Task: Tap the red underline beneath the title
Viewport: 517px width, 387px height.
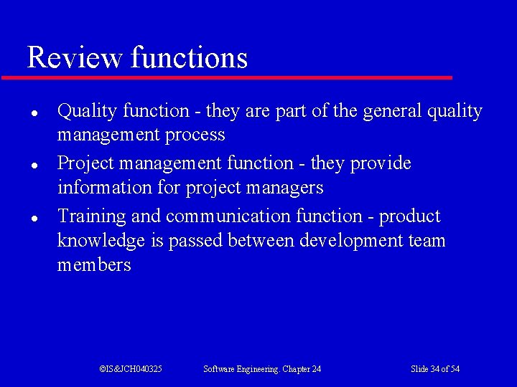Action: tap(227, 77)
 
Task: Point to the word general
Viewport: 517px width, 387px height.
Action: tap(393, 112)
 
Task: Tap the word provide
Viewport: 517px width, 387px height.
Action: tap(381, 164)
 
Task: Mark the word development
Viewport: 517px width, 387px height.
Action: tap(349, 242)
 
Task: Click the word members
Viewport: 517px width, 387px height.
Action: tap(94, 265)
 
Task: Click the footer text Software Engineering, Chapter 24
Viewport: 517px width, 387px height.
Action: tap(262, 369)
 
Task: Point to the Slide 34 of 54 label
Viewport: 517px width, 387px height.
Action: tap(435, 369)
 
